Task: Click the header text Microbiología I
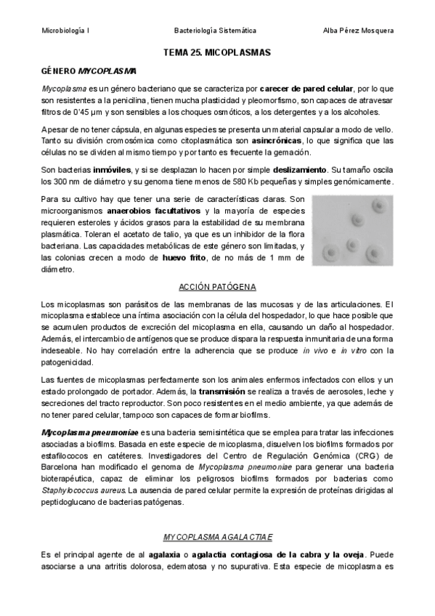[65, 31]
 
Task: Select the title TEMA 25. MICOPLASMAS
[217, 53]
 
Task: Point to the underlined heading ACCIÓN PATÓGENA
[217, 288]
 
